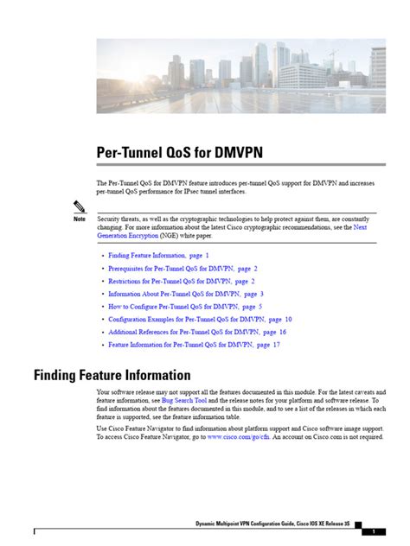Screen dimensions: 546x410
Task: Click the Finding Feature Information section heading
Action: pos(112,375)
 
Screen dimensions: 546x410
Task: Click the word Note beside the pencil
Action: pos(56,219)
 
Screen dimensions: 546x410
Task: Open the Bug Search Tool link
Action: pos(184,402)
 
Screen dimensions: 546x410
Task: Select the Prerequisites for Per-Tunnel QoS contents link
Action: pos(173,269)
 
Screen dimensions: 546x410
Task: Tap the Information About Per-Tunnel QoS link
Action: pos(176,294)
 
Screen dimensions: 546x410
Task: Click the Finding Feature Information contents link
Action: pos(149,256)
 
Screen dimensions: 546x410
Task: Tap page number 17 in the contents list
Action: pos(275,344)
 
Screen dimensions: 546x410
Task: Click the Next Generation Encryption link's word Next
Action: pos(360,227)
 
